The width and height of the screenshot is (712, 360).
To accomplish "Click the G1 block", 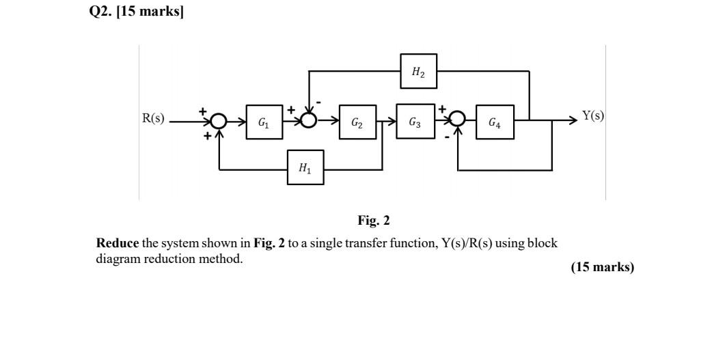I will click(x=263, y=123).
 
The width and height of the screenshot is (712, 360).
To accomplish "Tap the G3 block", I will click(x=415, y=122).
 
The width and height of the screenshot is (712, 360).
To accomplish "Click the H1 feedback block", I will click(x=305, y=168).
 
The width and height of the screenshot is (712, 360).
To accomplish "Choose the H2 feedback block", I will click(x=418, y=71).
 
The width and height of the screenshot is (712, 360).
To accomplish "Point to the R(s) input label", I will click(x=153, y=117).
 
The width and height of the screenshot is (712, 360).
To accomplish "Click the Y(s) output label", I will click(x=593, y=115).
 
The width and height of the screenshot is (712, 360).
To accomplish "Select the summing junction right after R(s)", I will click(x=218, y=121).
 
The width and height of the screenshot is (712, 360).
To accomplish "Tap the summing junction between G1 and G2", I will click(x=309, y=121).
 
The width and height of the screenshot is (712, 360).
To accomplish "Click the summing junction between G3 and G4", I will click(x=458, y=120).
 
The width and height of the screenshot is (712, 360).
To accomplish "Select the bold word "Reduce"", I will click(x=118, y=243).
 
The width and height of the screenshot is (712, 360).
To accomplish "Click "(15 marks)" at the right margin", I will click(x=602, y=267).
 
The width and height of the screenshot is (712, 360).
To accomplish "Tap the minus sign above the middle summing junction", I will click(x=318, y=102).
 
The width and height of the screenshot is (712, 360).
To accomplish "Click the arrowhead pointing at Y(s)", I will click(x=573, y=121).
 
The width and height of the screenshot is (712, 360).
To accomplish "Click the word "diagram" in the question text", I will click(x=118, y=259).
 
